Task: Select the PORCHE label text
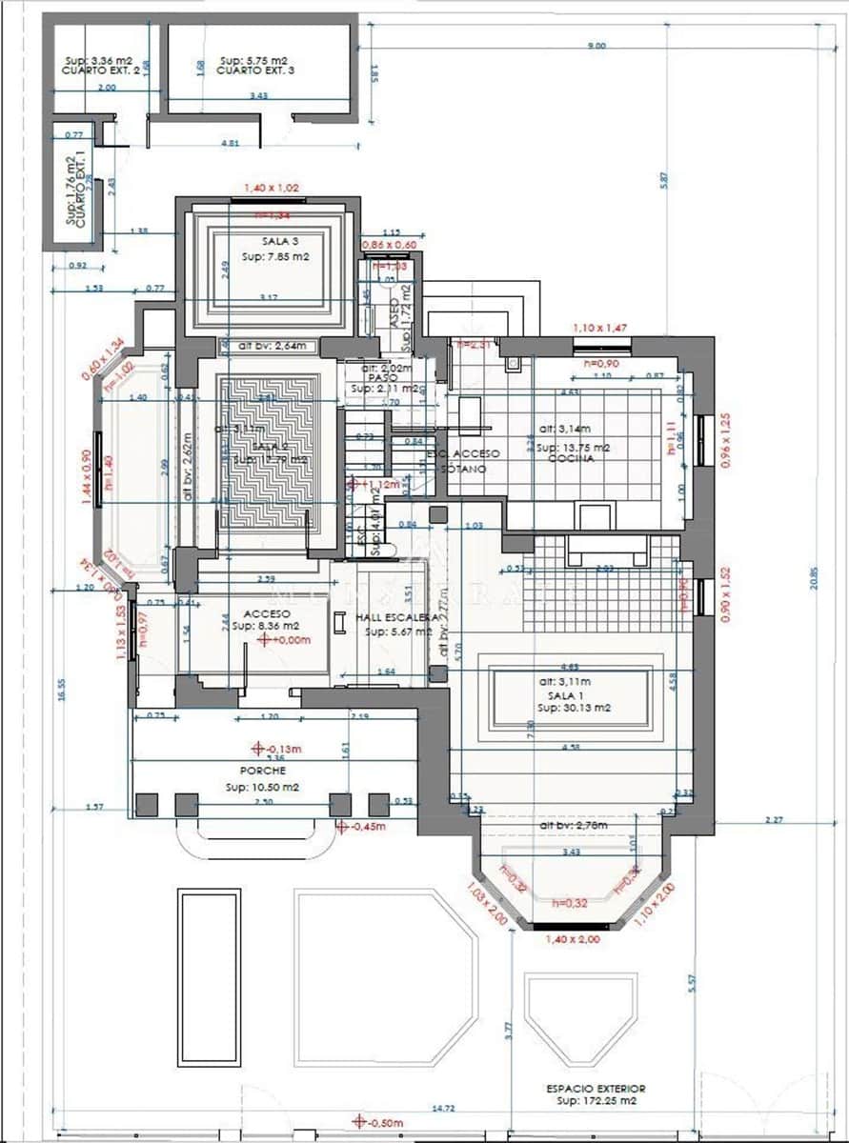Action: (x=263, y=771)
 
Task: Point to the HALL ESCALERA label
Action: (x=397, y=618)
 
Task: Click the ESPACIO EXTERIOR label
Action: (x=596, y=1088)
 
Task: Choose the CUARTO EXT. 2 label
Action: (x=100, y=70)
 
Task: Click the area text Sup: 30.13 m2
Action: (x=573, y=708)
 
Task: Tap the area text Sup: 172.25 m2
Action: (x=596, y=1100)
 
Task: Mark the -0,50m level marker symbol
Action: (x=358, y=1121)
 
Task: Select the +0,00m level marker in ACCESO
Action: (x=264, y=641)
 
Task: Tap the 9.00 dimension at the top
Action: (x=596, y=45)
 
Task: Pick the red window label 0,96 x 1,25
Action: (x=727, y=439)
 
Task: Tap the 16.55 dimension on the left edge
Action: (x=59, y=689)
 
